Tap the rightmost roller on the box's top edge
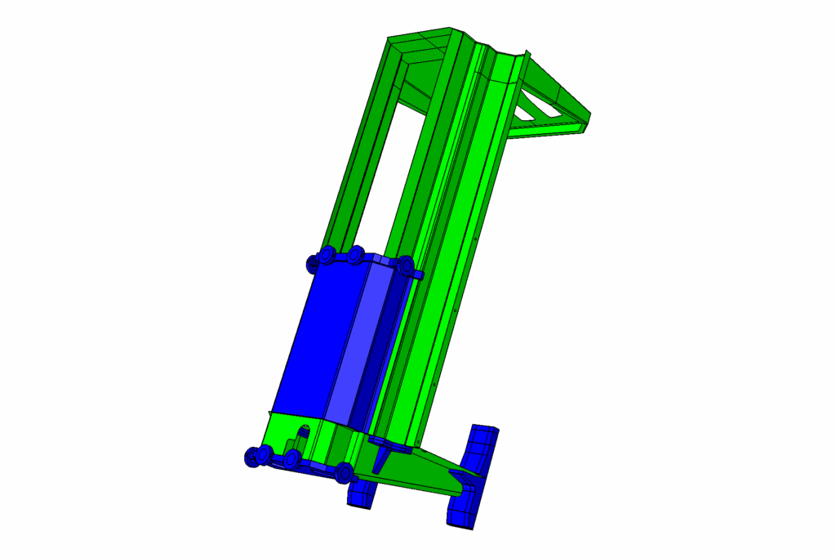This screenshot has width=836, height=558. [406, 266]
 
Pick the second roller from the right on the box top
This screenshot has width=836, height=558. [355, 256]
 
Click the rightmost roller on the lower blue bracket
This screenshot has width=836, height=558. [345, 472]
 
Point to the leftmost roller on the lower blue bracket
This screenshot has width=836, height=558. [254, 457]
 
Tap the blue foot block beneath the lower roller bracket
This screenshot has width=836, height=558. [360, 493]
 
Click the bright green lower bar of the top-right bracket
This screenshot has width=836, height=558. [543, 129]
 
